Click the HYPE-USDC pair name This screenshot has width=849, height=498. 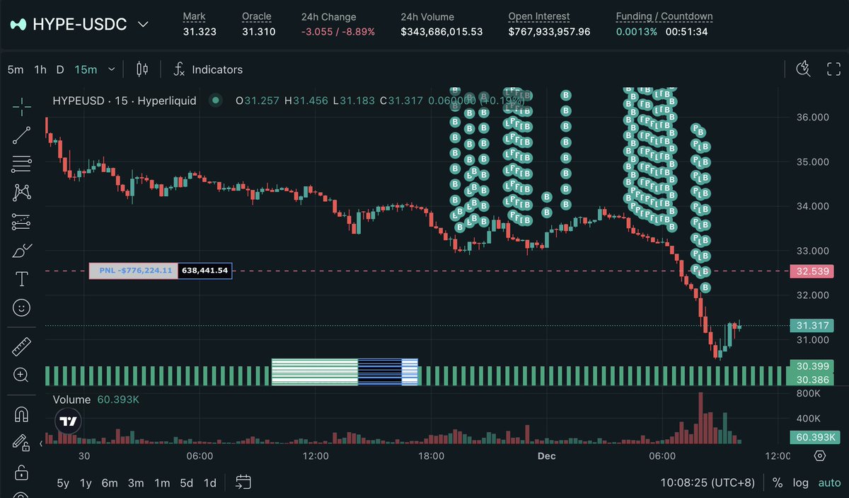79,24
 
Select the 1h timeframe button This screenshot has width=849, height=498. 40,69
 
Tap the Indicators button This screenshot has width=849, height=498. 216,69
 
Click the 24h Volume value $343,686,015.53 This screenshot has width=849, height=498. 441,31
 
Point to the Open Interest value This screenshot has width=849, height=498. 549,31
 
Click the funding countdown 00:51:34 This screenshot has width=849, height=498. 686,31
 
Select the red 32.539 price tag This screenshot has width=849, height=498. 813,271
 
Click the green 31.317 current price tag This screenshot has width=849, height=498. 813,325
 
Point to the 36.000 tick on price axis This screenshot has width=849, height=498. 812,118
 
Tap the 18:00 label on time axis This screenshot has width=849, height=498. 431,455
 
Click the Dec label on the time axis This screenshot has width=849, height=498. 546,455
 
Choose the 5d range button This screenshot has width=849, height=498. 186,483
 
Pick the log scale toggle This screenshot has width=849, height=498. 800,483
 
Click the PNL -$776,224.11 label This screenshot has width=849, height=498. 134,271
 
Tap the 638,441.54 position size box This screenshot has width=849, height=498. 204,271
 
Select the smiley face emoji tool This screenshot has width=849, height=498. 22,307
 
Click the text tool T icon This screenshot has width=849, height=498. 22,279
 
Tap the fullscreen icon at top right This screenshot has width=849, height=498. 833,69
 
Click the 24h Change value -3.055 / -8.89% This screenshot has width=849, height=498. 338,31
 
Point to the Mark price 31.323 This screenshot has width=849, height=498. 200,31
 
